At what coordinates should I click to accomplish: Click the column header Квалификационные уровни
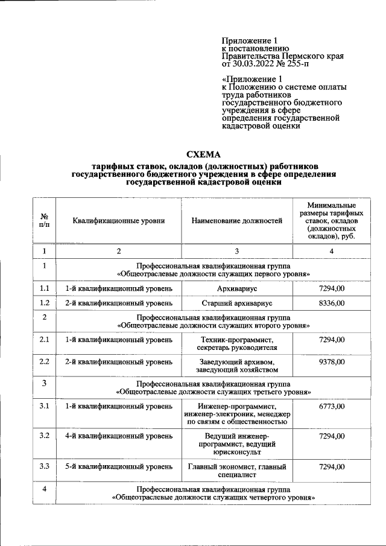click(x=119, y=221)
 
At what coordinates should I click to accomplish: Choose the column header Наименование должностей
click(x=237, y=221)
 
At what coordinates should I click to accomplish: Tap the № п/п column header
click(x=44, y=221)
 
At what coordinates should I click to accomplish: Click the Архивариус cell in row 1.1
click(x=237, y=288)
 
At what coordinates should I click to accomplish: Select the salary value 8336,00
click(x=332, y=303)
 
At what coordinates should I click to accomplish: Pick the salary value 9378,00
click(x=332, y=361)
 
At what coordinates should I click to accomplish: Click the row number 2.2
click(x=44, y=361)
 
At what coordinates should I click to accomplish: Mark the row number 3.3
click(x=44, y=466)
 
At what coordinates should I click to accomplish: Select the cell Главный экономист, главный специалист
click(x=237, y=471)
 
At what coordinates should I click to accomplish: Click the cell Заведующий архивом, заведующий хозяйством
click(x=237, y=366)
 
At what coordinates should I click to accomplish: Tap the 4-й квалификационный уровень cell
click(x=119, y=436)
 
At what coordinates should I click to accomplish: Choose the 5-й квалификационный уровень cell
click(x=119, y=466)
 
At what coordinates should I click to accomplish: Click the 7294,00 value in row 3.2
click(x=332, y=436)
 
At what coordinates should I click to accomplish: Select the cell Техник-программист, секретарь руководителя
click(x=237, y=344)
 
